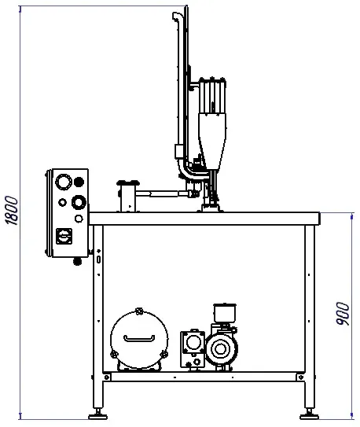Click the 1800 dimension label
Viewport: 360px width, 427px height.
tap(12, 210)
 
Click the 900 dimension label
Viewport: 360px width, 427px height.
tap(343, 314)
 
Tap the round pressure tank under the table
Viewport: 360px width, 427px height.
tap(139, 340)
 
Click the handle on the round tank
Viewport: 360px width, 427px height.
tap(139, 339)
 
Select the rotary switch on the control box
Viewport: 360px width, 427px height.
tap(64, 236)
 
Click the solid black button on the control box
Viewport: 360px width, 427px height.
tap(79, 182)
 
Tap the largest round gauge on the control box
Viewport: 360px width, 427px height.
tap(64, 182)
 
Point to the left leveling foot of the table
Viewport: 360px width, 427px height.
tap(98, 416)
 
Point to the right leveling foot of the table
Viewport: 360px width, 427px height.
tap(309, 416)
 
